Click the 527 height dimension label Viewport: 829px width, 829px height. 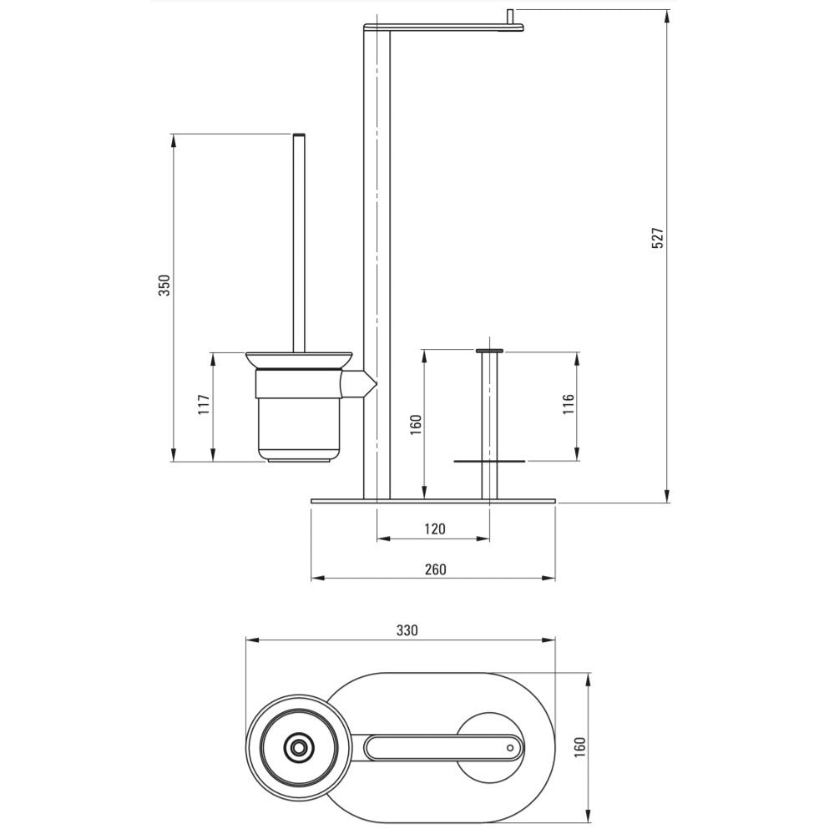click(657, 239)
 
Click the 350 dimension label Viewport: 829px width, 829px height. click(164, 286)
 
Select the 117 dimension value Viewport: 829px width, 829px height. click(204, 405)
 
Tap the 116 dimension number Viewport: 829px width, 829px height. click(568, 404)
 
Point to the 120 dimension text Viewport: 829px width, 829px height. click(435, 528)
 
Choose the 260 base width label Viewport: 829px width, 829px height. click(435, 569)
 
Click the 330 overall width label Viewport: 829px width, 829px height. click(407, 630)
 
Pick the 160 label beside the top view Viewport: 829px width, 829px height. click(579, 748)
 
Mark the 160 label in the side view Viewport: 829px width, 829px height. click(416, 425)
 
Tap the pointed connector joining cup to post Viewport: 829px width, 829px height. click(359, 384)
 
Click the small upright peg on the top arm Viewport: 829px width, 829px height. click(511, 17)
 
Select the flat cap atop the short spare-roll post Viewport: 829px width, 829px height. click(489, 351)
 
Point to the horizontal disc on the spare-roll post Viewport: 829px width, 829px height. click(489, 462)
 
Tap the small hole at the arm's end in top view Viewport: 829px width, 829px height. click(509, 747)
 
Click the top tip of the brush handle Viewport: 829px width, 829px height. click(299, 134)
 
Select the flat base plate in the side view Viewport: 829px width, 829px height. click(433, 501)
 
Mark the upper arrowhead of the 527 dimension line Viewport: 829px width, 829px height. click(668, 16)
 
